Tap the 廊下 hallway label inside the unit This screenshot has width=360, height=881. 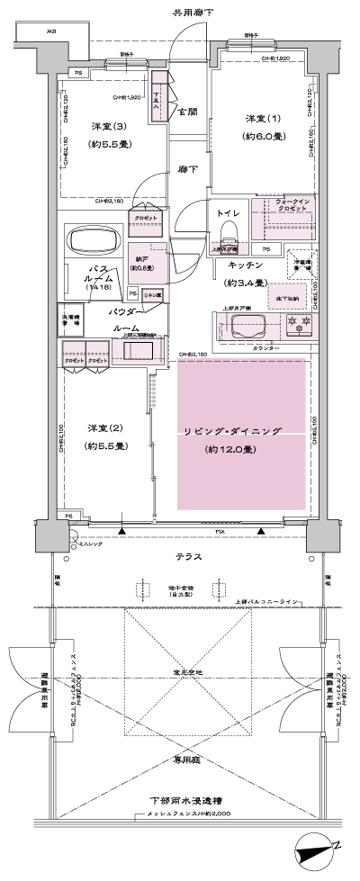coord(187,168)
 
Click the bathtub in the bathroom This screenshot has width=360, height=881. coord(91,241)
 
